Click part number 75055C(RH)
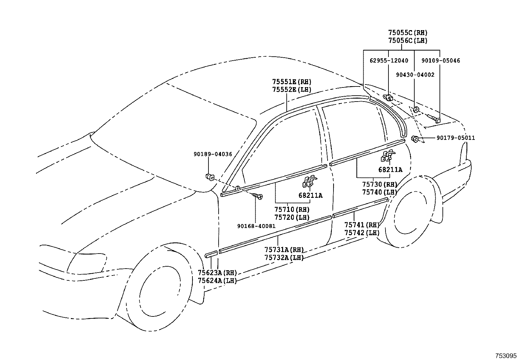408,33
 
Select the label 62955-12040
389,61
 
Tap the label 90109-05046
440,61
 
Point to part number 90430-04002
415,75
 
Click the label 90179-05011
456,138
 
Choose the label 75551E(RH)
292,82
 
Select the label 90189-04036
213,154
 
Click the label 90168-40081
256,226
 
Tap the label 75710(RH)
292,210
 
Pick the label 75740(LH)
379,192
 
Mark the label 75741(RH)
362,225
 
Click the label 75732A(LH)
284,257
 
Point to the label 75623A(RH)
217,273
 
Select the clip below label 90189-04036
210,177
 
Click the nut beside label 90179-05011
415,139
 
